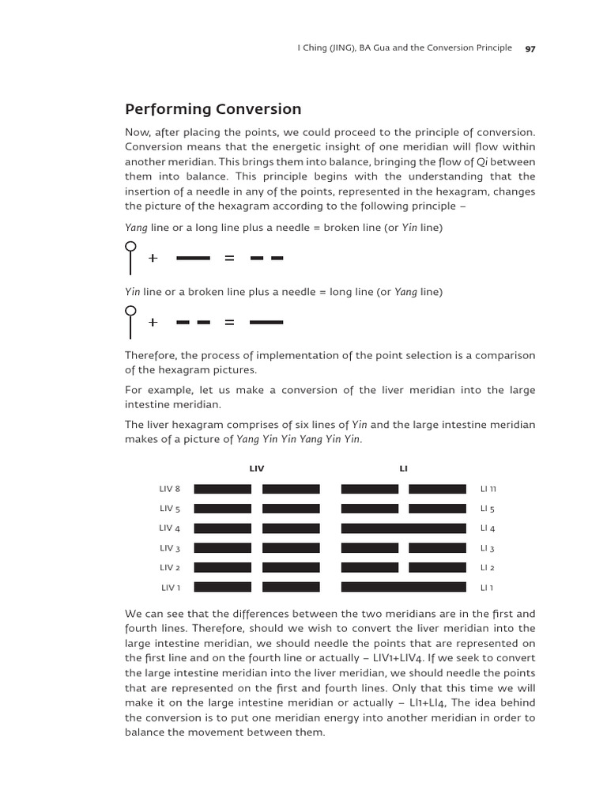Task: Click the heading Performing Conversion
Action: pos(213,109)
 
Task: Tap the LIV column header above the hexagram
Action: pos(257,469)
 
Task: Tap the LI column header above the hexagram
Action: pos(404,469)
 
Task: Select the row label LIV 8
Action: pos(170,489)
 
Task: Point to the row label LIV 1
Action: pos(171,587)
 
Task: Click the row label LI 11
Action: pos(488,489)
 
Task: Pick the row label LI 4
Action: pos(488,528)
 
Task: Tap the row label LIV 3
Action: pos(170,548)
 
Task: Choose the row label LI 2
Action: pos(488,568)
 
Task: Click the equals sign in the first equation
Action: pos(230,259)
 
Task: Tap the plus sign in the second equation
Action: pos(153,323)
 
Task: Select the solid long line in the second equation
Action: pos(266,323)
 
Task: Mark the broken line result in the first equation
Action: pos(266,259)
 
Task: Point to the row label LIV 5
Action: pos(170,509)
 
